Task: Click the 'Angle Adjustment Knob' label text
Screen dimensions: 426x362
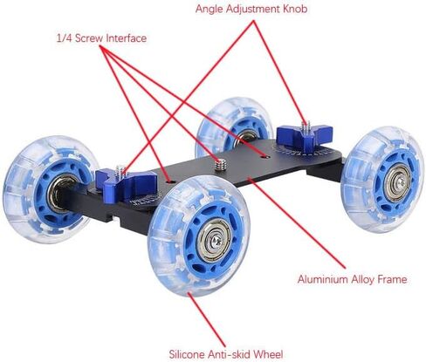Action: [251, 9]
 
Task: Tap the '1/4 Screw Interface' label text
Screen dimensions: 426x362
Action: [101, 38]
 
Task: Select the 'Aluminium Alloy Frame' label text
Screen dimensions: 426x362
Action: [352, 279]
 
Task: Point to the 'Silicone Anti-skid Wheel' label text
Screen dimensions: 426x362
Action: [226, 354]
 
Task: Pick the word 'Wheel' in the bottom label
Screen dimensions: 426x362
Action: [268, 354]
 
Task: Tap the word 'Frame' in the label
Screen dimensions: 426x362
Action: [392, 279]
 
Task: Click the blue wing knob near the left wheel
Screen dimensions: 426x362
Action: [126, 182]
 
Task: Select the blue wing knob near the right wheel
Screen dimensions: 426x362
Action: [305, 135]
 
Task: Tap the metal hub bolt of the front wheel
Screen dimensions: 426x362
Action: [215, 240]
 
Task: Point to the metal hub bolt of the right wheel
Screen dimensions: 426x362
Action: [401, 182]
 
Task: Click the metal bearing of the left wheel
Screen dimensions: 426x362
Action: [59, 193]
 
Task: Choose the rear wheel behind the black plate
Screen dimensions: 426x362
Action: [233, 126]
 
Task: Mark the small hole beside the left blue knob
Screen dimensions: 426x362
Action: [169, 181]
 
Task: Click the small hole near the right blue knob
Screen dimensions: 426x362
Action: [265, 157]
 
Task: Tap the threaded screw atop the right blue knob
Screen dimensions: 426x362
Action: [306, 127]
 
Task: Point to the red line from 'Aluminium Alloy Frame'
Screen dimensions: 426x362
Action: [297, 223]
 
